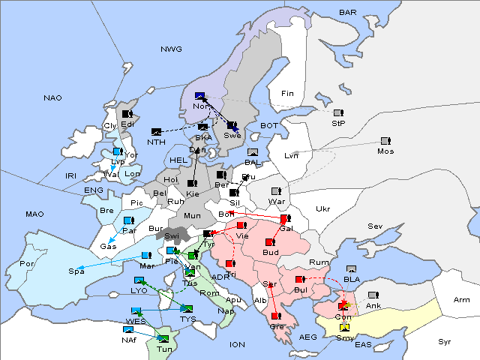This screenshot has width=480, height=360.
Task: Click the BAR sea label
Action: coord(347,12)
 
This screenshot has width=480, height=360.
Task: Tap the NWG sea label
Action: coord(171,49)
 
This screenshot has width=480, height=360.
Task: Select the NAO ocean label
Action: coord(52,97)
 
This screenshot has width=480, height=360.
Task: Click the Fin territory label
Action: coord(286,93)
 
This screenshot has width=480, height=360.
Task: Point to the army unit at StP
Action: coord(338,114)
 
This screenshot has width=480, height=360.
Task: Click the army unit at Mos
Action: coord(385,141)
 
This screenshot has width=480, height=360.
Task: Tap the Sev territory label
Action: coord(374,226)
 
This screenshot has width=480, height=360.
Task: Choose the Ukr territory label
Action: coord(322,208)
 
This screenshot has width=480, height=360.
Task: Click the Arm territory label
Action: coord(462,300)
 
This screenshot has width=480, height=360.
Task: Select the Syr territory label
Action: coord(445,341)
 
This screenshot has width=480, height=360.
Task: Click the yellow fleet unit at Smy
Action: coord(344,328)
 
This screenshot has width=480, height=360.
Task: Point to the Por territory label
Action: coord(27,263)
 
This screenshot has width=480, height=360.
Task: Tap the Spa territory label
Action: coord(76,271)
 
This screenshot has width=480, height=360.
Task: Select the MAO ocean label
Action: coord(34,214)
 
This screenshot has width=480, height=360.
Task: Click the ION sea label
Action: coord(237,344)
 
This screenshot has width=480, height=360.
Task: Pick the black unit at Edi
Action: coord(127,114)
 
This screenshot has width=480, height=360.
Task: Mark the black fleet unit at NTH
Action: coord(156,133)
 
